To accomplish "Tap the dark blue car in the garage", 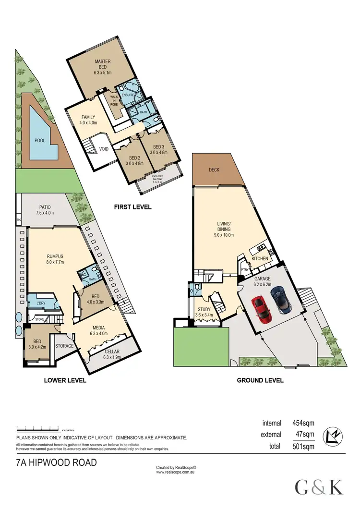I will pyautogui.click(x=280, y=300).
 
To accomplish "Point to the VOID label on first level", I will pyautogui.click(x=103, y=149).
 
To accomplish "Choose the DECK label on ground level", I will pyautogui.click(x=215, y=170).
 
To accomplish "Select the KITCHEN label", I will pyautogui.click(x=260, y=259).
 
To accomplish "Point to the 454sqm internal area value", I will pyautogui.click(x=304, y=423).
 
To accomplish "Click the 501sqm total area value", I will pyautogui.click(x=304, y=446).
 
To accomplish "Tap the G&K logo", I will pyautogui.click(x=319, y=487).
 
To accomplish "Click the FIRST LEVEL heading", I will pyautogui.click(x=132, y=207).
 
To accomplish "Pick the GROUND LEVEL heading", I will pyautogui.click(x=260, y=380).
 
